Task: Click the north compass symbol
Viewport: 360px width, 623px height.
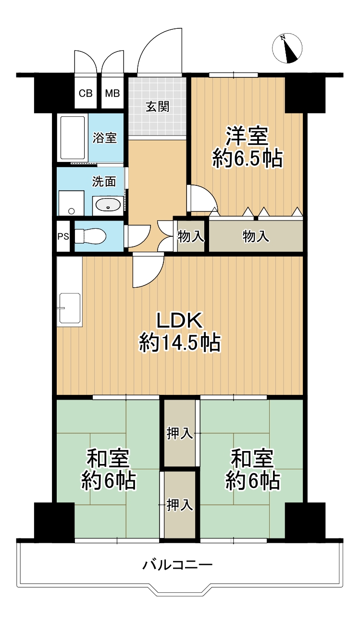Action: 287,48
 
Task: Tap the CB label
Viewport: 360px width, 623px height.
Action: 86,93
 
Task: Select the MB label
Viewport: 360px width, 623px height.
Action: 112,93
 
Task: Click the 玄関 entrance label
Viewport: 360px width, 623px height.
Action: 158,107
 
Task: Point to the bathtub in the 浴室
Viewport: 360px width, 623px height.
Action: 72,138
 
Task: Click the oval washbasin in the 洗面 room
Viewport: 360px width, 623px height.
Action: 108,205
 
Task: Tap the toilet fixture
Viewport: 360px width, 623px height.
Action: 90,236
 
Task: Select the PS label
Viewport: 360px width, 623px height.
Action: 63,236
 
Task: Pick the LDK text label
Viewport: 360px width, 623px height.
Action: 179,320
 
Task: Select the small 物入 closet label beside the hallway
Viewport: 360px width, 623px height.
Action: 191,236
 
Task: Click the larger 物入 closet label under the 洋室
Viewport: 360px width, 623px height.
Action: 256,236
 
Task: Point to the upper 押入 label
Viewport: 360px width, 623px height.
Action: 180,433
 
